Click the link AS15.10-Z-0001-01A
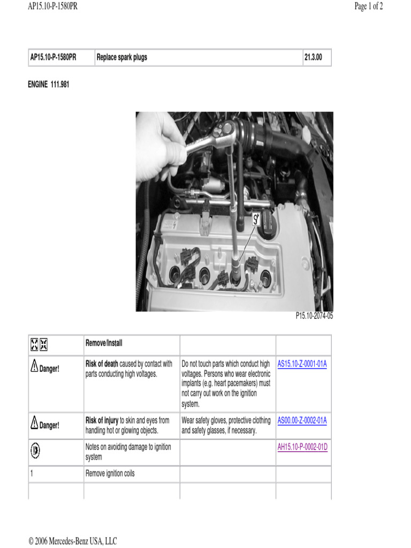[302, 364]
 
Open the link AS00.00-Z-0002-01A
[302, 421]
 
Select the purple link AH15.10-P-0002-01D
[302, 447]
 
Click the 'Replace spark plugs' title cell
[122, 57]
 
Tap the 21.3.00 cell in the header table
[313, 57]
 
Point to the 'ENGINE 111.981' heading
[49, 85]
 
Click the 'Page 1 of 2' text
[369, 7]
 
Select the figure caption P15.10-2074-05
[314, 316]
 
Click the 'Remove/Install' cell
[104, 343]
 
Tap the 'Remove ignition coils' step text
[110, 474]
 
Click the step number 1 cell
[32, 474]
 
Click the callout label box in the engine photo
[256, 218]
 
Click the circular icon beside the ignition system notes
[35, 451]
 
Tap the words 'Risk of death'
[102, 364]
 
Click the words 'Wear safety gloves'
[206, 421]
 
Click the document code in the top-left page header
[49, 7]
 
